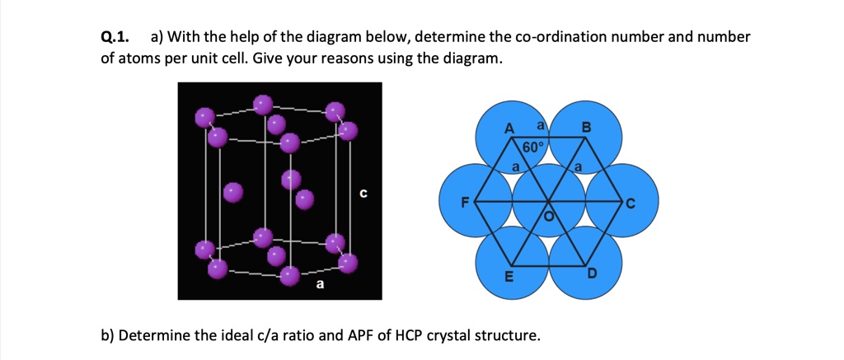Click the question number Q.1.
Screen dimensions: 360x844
click(x=115, y=38)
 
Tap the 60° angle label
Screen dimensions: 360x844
click(x=533, y=147)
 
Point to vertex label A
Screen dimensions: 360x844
click(x=509, y=129)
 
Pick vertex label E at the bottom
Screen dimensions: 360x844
click(x=509, y=276)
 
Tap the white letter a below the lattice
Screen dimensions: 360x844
click(x=320, y=285)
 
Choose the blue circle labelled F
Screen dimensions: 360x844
click(x=474, y=199)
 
